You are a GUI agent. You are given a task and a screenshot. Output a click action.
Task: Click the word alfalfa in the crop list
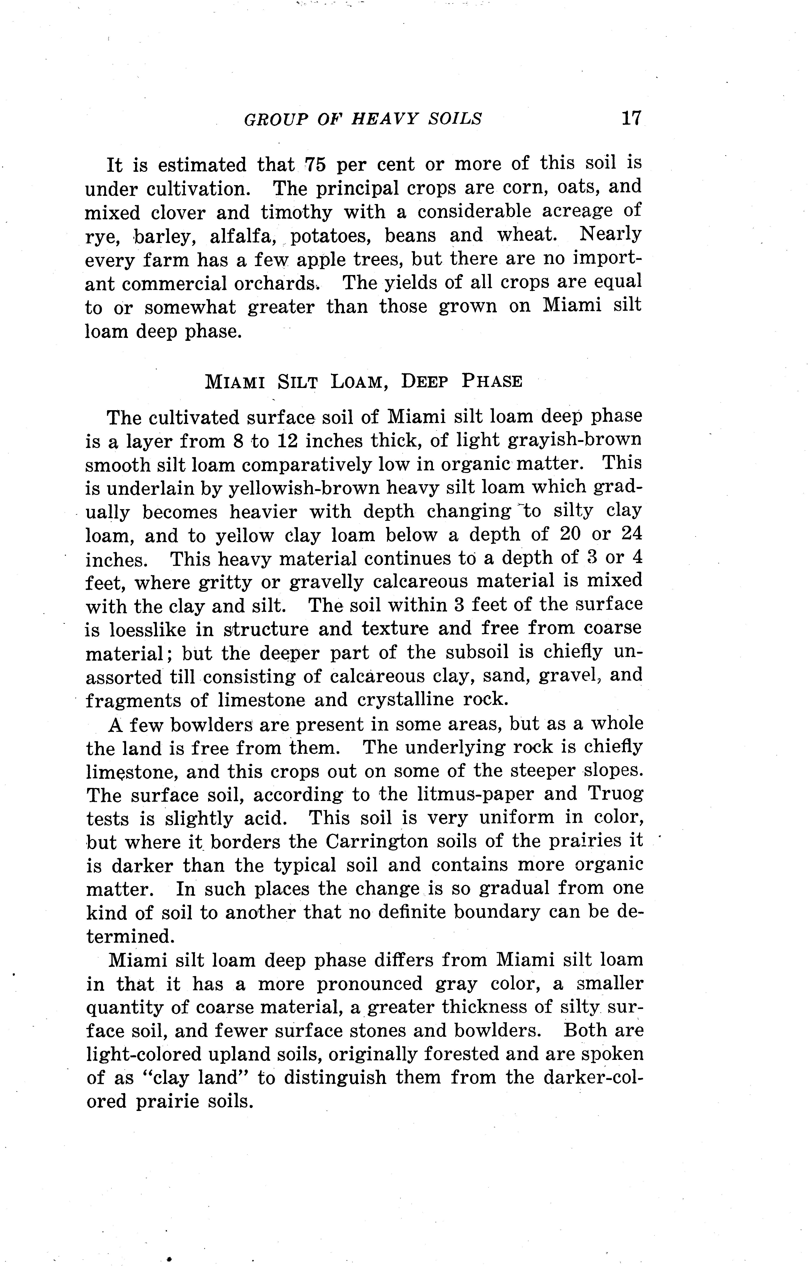pyautogui.click(x=243, y=236)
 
